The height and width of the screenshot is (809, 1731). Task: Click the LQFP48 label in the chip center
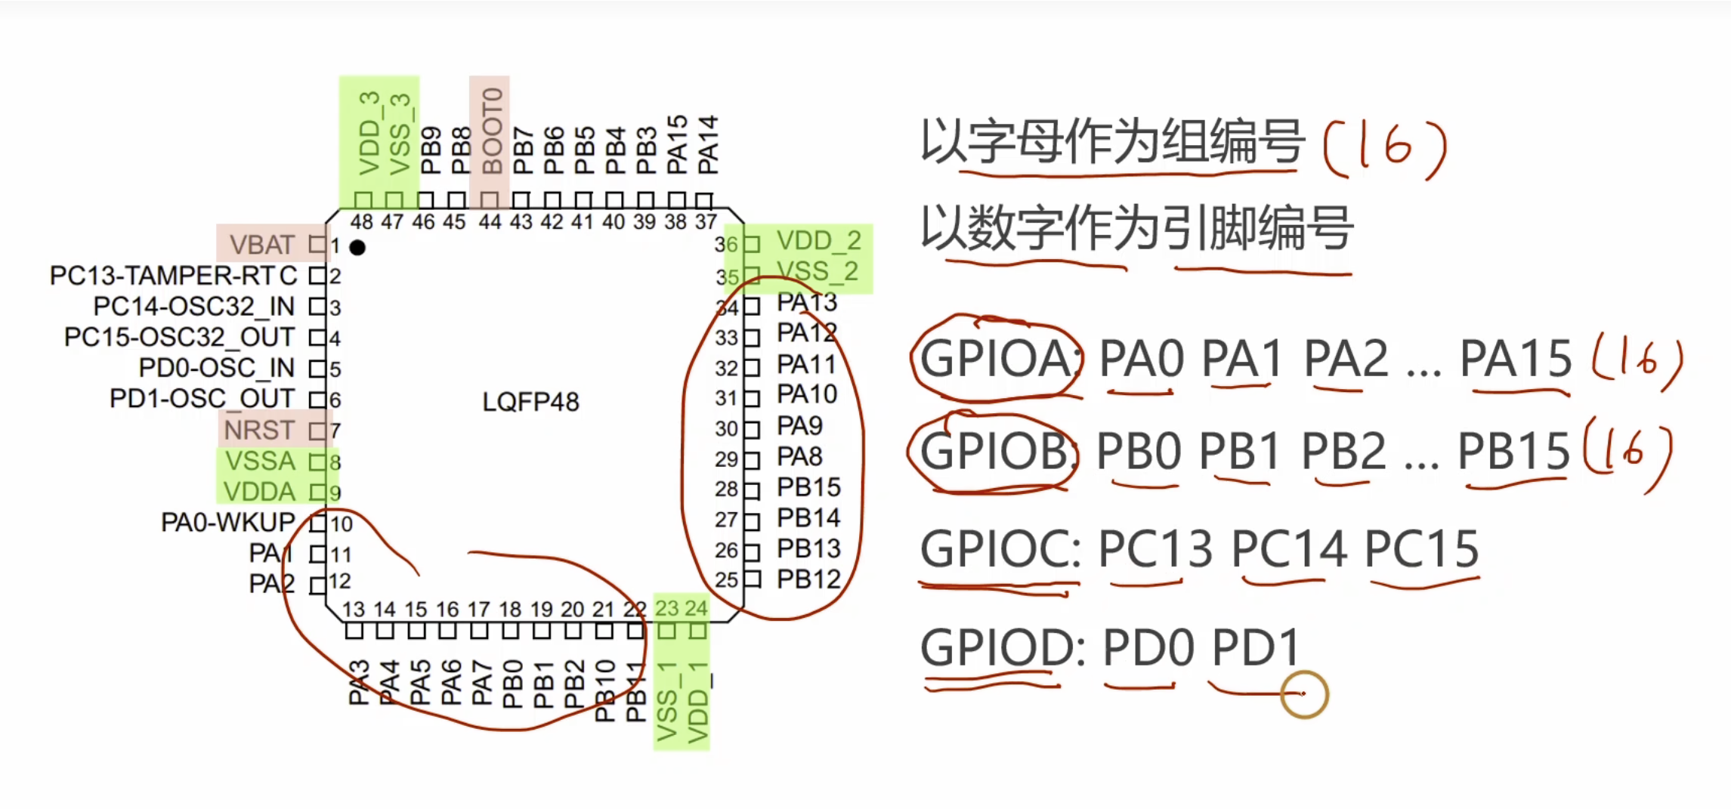click(530, 402)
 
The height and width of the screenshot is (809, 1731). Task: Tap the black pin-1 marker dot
click(357, 247)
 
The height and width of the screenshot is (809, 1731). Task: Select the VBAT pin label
click(261, 245)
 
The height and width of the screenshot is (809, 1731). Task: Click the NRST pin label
click(259, 430)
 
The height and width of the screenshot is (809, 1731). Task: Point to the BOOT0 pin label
click(492, 131)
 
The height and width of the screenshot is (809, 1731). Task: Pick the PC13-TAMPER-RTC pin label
click(174, 276)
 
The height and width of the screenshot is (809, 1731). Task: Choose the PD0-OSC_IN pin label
click(216, 368)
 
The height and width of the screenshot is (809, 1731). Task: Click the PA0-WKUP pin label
click(227, 522)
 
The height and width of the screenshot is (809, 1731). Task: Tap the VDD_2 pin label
click(819, 241)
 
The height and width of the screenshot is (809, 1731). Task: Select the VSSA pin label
click(260, 461)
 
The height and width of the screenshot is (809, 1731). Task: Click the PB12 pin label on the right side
click(808, 579)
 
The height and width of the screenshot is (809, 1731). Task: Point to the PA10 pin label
click(807, 394)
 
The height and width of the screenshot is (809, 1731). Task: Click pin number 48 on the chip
click(361, 222)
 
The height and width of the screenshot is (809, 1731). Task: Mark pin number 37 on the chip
click(706, 222)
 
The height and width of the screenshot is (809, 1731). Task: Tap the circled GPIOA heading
click(996, 358)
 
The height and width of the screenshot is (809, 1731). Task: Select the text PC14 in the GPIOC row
click(1289, 549)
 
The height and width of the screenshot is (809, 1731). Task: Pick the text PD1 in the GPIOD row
click(1254, 647)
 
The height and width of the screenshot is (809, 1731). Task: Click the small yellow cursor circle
click(1304, 694)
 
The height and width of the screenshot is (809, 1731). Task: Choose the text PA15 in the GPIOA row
click(1515, 358)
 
